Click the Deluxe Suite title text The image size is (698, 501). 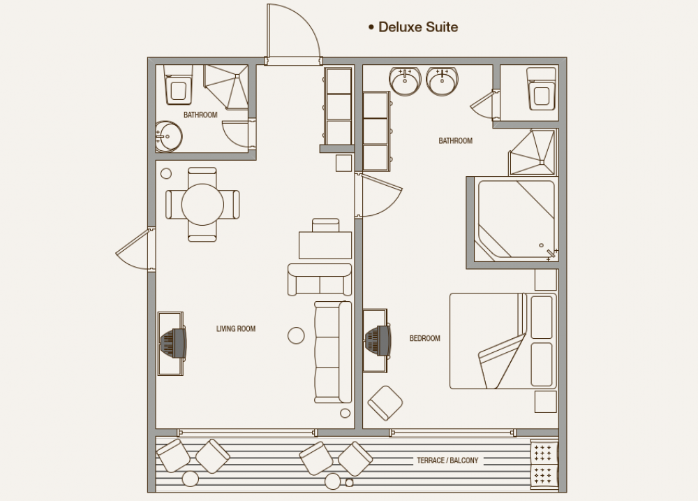click(x=418, y=27)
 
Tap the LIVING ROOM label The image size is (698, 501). click(x=236, y=329)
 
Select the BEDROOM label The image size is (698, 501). click(x=424, y=338)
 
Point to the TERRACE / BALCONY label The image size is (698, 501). click(x=447, y=460)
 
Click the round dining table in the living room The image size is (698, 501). click(x=202, y=205)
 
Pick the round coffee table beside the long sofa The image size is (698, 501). click(x=296, y=335)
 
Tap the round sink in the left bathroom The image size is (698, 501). click(x=169, y=136)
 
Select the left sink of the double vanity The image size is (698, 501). click(x=405, y=81)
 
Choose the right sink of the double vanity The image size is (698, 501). click(x=442, y=81)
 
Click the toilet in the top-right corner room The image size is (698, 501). click(x=542, y=89)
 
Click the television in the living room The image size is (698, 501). click(x=174, y=343)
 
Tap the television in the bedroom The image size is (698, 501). click(x=378, y=340)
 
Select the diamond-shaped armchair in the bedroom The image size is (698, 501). click(x=385, y=403)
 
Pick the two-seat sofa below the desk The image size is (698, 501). click(x=320, y=279)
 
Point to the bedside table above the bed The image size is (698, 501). click(x=546, y=280)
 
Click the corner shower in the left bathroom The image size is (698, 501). click(x=226, y=87)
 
